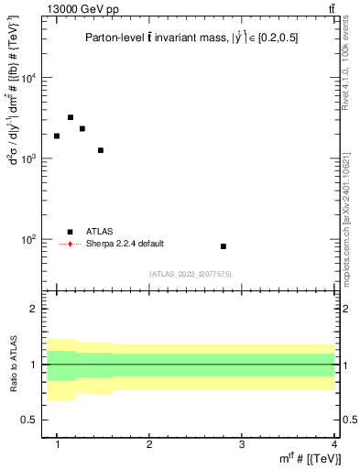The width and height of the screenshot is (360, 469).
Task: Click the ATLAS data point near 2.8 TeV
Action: click(x=224, y=246)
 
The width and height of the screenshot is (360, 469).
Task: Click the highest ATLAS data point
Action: click(x=71, y=117)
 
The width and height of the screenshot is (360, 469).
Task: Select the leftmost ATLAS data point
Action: click(x=57, y=136)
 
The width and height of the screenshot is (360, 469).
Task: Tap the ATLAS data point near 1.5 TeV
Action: click(x=101, y=150)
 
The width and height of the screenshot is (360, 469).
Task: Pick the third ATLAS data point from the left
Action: click(x=82, y=128)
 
